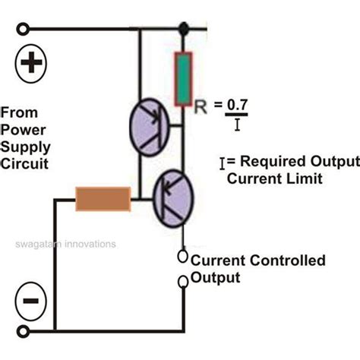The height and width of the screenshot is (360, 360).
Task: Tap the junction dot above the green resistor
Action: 183,29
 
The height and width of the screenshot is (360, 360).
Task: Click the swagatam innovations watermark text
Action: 64,245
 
